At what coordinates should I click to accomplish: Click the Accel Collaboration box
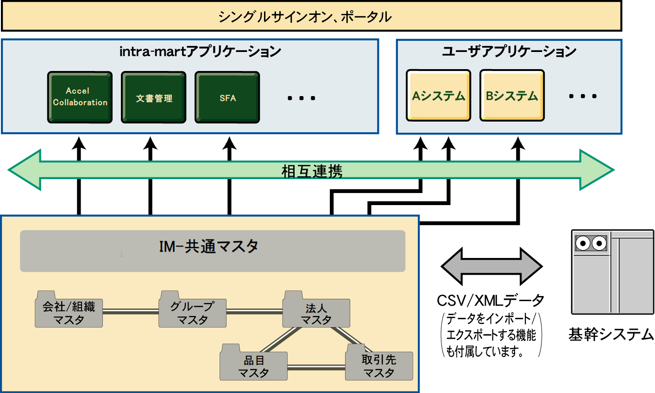[80, 97]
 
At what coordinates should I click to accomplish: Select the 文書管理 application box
[154, 97]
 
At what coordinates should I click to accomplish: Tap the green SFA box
[227, 97]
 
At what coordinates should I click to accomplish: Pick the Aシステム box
[438, 96]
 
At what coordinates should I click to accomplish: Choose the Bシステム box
[512, 96]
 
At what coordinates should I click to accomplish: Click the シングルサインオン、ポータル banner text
[305, 17]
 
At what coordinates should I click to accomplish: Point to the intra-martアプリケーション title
[200, 51]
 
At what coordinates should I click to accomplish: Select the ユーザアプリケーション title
[509, 51]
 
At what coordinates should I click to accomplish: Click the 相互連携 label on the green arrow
[312, 171]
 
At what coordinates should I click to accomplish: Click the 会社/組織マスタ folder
[69, 312]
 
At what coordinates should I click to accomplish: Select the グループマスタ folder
[192, 312]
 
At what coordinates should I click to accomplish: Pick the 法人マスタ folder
[316, 313]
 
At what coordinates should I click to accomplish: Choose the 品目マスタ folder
[253, 366]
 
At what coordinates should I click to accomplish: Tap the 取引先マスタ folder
[379, 366]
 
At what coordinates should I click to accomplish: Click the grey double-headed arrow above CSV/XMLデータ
[491, 266]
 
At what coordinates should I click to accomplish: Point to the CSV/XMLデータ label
[491, 301]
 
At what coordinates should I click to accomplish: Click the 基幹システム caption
[611, 334]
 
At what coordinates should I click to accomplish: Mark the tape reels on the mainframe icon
[591, 243]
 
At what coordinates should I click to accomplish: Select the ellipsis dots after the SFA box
[301, 98]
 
